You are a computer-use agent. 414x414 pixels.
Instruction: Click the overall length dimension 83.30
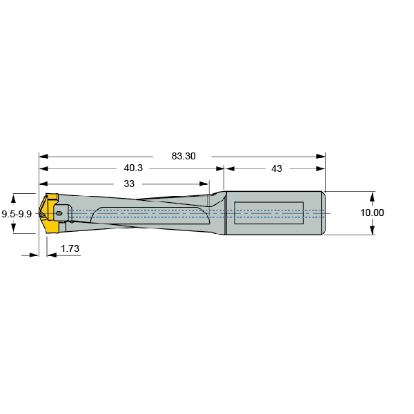[184, 156]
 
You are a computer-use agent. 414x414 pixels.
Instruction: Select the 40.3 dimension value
[132, 168]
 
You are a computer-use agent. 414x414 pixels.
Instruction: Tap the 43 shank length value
[277, 168]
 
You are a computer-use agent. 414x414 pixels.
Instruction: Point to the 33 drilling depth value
[129, 184]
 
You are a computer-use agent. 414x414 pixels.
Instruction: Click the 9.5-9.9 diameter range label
[17, 214]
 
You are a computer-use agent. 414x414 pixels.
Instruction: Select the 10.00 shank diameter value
[373, 213]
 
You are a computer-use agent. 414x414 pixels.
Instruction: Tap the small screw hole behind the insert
[60, 214]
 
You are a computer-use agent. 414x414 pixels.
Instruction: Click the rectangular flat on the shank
[268, 213]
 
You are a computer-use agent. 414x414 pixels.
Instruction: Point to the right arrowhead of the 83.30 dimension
[321, 156]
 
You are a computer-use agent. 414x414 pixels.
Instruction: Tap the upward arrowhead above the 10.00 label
[373, 195]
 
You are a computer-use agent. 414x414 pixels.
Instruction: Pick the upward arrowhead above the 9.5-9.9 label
[17, 197]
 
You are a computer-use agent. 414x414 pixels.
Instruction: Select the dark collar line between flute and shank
[224, 214]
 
